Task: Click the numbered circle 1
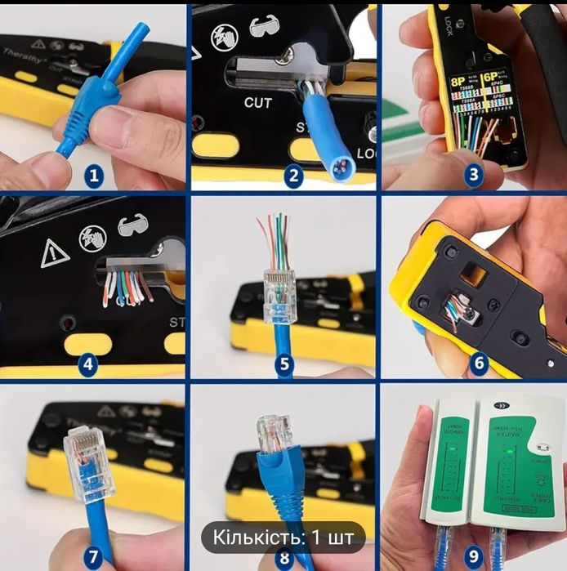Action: click(95, 174)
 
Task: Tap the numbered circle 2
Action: click(294, 174)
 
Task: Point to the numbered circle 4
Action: click(95, 364)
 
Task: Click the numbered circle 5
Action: click(283, 364)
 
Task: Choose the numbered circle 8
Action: click(283, 558)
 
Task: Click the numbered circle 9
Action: click(474, 556)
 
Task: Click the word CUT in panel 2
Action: click(258, 103)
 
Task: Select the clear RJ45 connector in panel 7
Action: click(87, 463)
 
